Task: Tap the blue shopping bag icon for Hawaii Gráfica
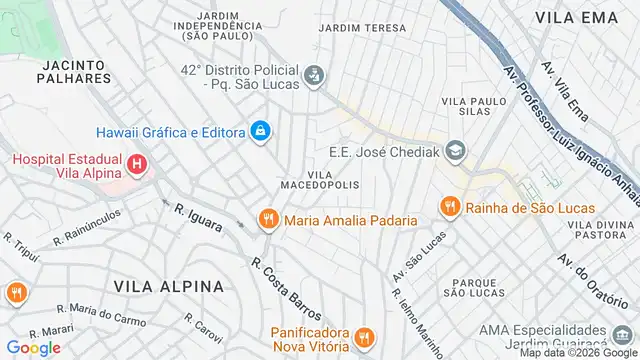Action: point(260,131)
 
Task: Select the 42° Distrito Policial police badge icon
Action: point(314,74)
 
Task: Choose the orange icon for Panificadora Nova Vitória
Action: point(364,337)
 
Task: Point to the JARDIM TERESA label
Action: point(362,28)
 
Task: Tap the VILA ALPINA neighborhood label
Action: point(169,286)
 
